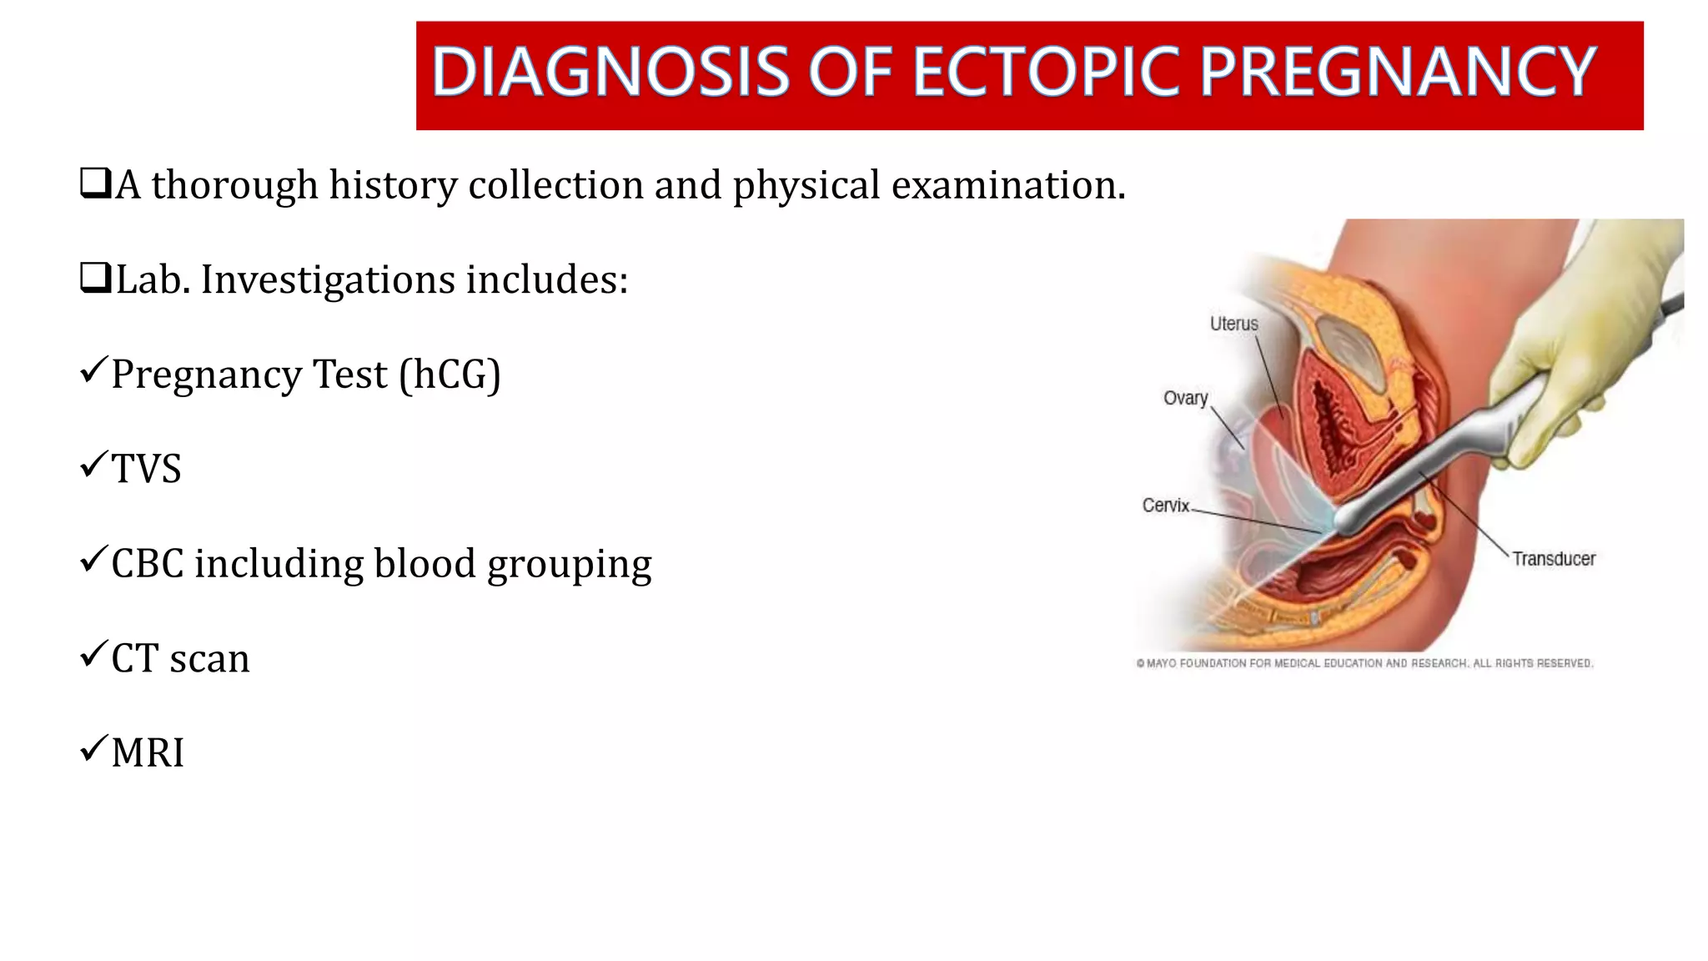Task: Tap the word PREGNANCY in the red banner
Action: click(x=1398, y=73)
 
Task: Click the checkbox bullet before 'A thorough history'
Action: click(x=95, y=183)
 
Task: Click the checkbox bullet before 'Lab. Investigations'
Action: click(x=95, y=278)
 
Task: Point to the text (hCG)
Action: click(x=450, y=375)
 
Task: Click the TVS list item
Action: click(x=146, y=469)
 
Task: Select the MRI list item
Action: click(x=148, y=752)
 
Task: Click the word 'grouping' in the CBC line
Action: click(x=569, y=565)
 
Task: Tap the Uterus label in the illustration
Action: click(x=1233, y=324)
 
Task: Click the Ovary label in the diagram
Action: click(x=1185, y=398)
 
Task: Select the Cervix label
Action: click(x=1165, y=505)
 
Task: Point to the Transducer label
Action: click(x=1553, y=559)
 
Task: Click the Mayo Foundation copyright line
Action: click(x=1364, y=663)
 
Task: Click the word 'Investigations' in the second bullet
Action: click(x=328, y=279)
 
